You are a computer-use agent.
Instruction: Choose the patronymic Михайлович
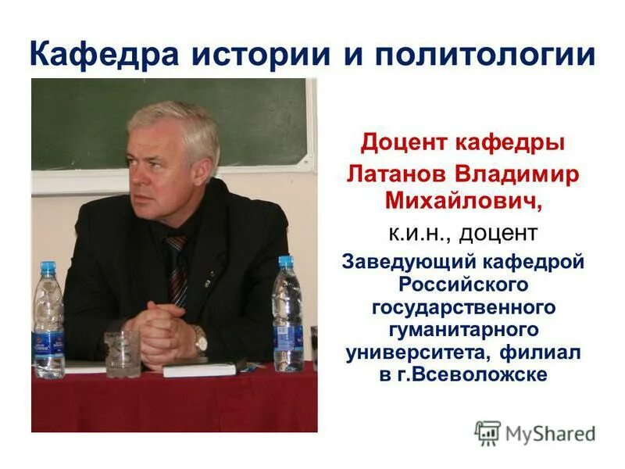pyautogui.click(x=461, y=202)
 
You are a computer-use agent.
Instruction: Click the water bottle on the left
pyautogui.click(x=48, y=320)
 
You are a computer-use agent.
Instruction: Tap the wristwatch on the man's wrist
pyautogui.click(x=200, y=338)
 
